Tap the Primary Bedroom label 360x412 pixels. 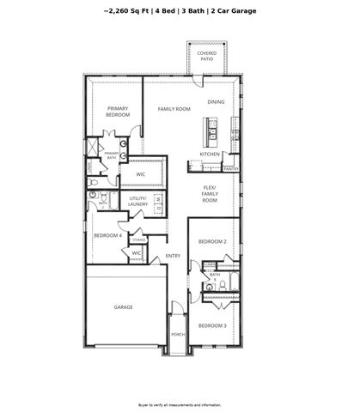pos(119,111)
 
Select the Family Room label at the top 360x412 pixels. pos(173,109)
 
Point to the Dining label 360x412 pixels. pos(217,102)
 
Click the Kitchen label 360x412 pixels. pos(211,154)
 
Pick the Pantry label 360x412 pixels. pos(231,169)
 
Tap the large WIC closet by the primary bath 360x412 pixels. pos(139,174)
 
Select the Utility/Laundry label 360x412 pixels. pos(137,202)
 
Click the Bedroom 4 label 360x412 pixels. pos(107,235)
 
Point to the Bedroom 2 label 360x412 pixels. pos(212,242)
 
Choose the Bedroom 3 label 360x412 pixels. pos(212,325)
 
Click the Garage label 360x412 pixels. pos(124,306)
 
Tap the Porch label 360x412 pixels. pos(178,334)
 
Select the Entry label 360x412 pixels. pos(173,255)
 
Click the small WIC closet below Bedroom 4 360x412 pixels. pos(136,253)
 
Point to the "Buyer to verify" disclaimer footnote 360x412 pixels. pos(180,403)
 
